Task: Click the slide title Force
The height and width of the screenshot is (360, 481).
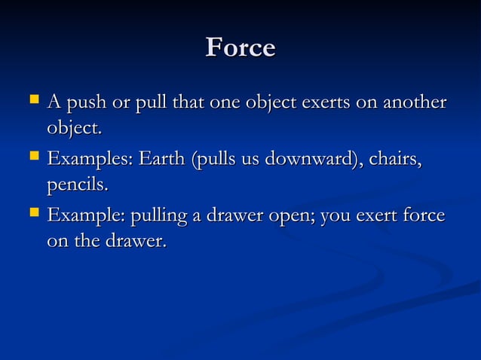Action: pyautogui.click(x=240, y=47)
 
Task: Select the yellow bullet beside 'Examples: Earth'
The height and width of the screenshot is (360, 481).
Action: pyautogui.click(x=32, y=157)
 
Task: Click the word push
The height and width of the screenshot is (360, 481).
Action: pyautogui.click(x=83, y=102)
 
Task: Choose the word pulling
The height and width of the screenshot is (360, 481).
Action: pyautogui.click(x=159, y=217)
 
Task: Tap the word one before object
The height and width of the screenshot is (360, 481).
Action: pyautogui.click(x=225, y=102)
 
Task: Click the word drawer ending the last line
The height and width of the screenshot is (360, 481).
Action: pyautogui.click(x=140, y=242)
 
